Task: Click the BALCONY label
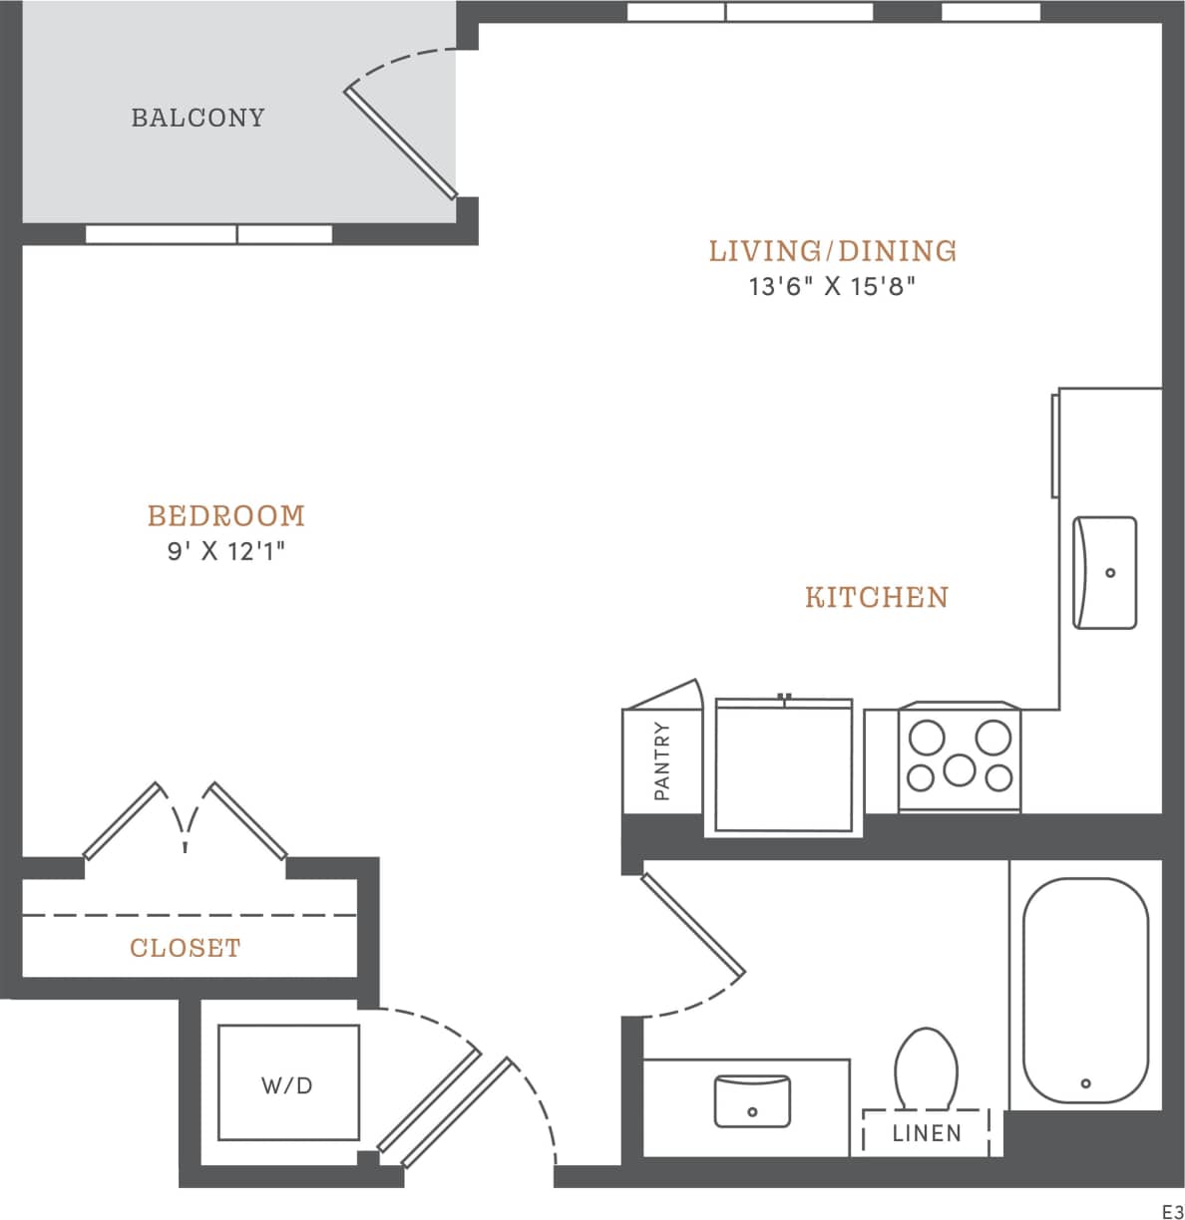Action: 198,118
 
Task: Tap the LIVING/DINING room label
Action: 833,250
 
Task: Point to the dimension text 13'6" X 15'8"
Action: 833,287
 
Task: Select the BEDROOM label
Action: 226,515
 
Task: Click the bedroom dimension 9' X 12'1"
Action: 226,551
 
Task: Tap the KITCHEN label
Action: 877,597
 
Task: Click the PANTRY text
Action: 662,762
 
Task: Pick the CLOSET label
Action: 186,947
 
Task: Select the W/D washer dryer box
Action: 287,1083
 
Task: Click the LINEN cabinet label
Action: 927,1133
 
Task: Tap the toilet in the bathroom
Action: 926,1068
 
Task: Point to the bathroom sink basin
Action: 752,1100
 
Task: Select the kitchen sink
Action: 1104,572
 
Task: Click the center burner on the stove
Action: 960,768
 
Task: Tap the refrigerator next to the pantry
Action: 783,765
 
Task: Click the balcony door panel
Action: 401,144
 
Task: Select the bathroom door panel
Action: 693,923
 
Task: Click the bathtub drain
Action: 1085,1083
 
